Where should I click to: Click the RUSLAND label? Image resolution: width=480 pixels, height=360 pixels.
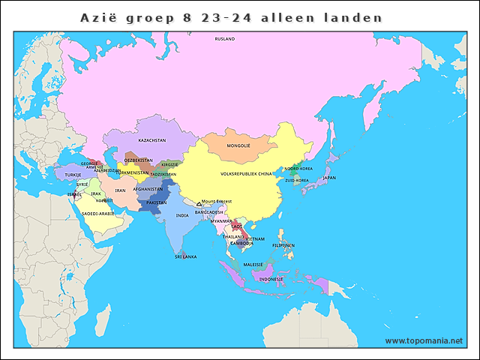tap(224, 38)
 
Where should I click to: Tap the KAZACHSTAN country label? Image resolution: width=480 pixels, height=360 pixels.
tap(151, 140)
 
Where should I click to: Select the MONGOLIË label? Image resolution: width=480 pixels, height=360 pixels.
tap(238, 145)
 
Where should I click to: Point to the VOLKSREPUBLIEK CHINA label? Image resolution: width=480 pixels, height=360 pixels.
tap(247, 173)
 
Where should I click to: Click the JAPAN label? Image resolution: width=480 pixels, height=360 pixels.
tap(329, 178)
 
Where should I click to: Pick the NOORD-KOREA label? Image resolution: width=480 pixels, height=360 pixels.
tap(298, 169)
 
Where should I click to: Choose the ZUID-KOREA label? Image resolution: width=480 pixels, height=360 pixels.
tap(297, 180)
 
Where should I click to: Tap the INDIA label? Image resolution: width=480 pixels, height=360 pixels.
tap(182, 215)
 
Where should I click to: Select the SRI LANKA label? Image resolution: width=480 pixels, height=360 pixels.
tap(185, 256)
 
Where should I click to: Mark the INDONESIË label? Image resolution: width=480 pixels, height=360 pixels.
tap(271, 279)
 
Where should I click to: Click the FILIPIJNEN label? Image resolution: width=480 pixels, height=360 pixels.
tap(283, 245)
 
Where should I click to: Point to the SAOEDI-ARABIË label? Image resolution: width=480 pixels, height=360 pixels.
tap(98, 213)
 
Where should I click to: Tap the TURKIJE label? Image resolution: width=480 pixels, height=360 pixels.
tap(73, 175)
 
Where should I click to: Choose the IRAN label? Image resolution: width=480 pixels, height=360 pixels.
tap(120, 190)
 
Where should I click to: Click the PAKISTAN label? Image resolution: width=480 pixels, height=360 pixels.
tap(156, 202)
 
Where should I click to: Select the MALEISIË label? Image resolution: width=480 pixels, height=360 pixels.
tap(253, 265)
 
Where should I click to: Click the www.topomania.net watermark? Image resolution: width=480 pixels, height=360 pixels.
tap(424, 340)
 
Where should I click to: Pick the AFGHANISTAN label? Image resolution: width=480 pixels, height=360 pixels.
tap(148, 189)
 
